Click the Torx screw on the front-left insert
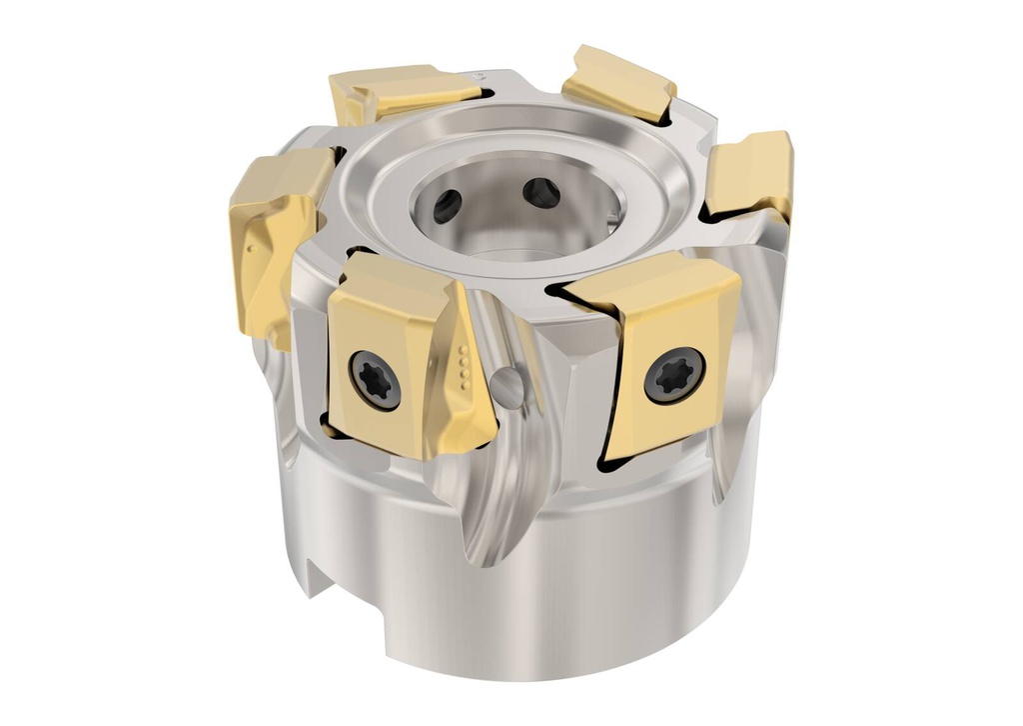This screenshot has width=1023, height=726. click(x=375, y=380)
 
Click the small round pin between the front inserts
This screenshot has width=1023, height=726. click(x=507, y=386)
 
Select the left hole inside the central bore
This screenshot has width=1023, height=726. click(x=447, y=205)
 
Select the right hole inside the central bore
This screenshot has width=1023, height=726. click(x=540, y=191)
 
